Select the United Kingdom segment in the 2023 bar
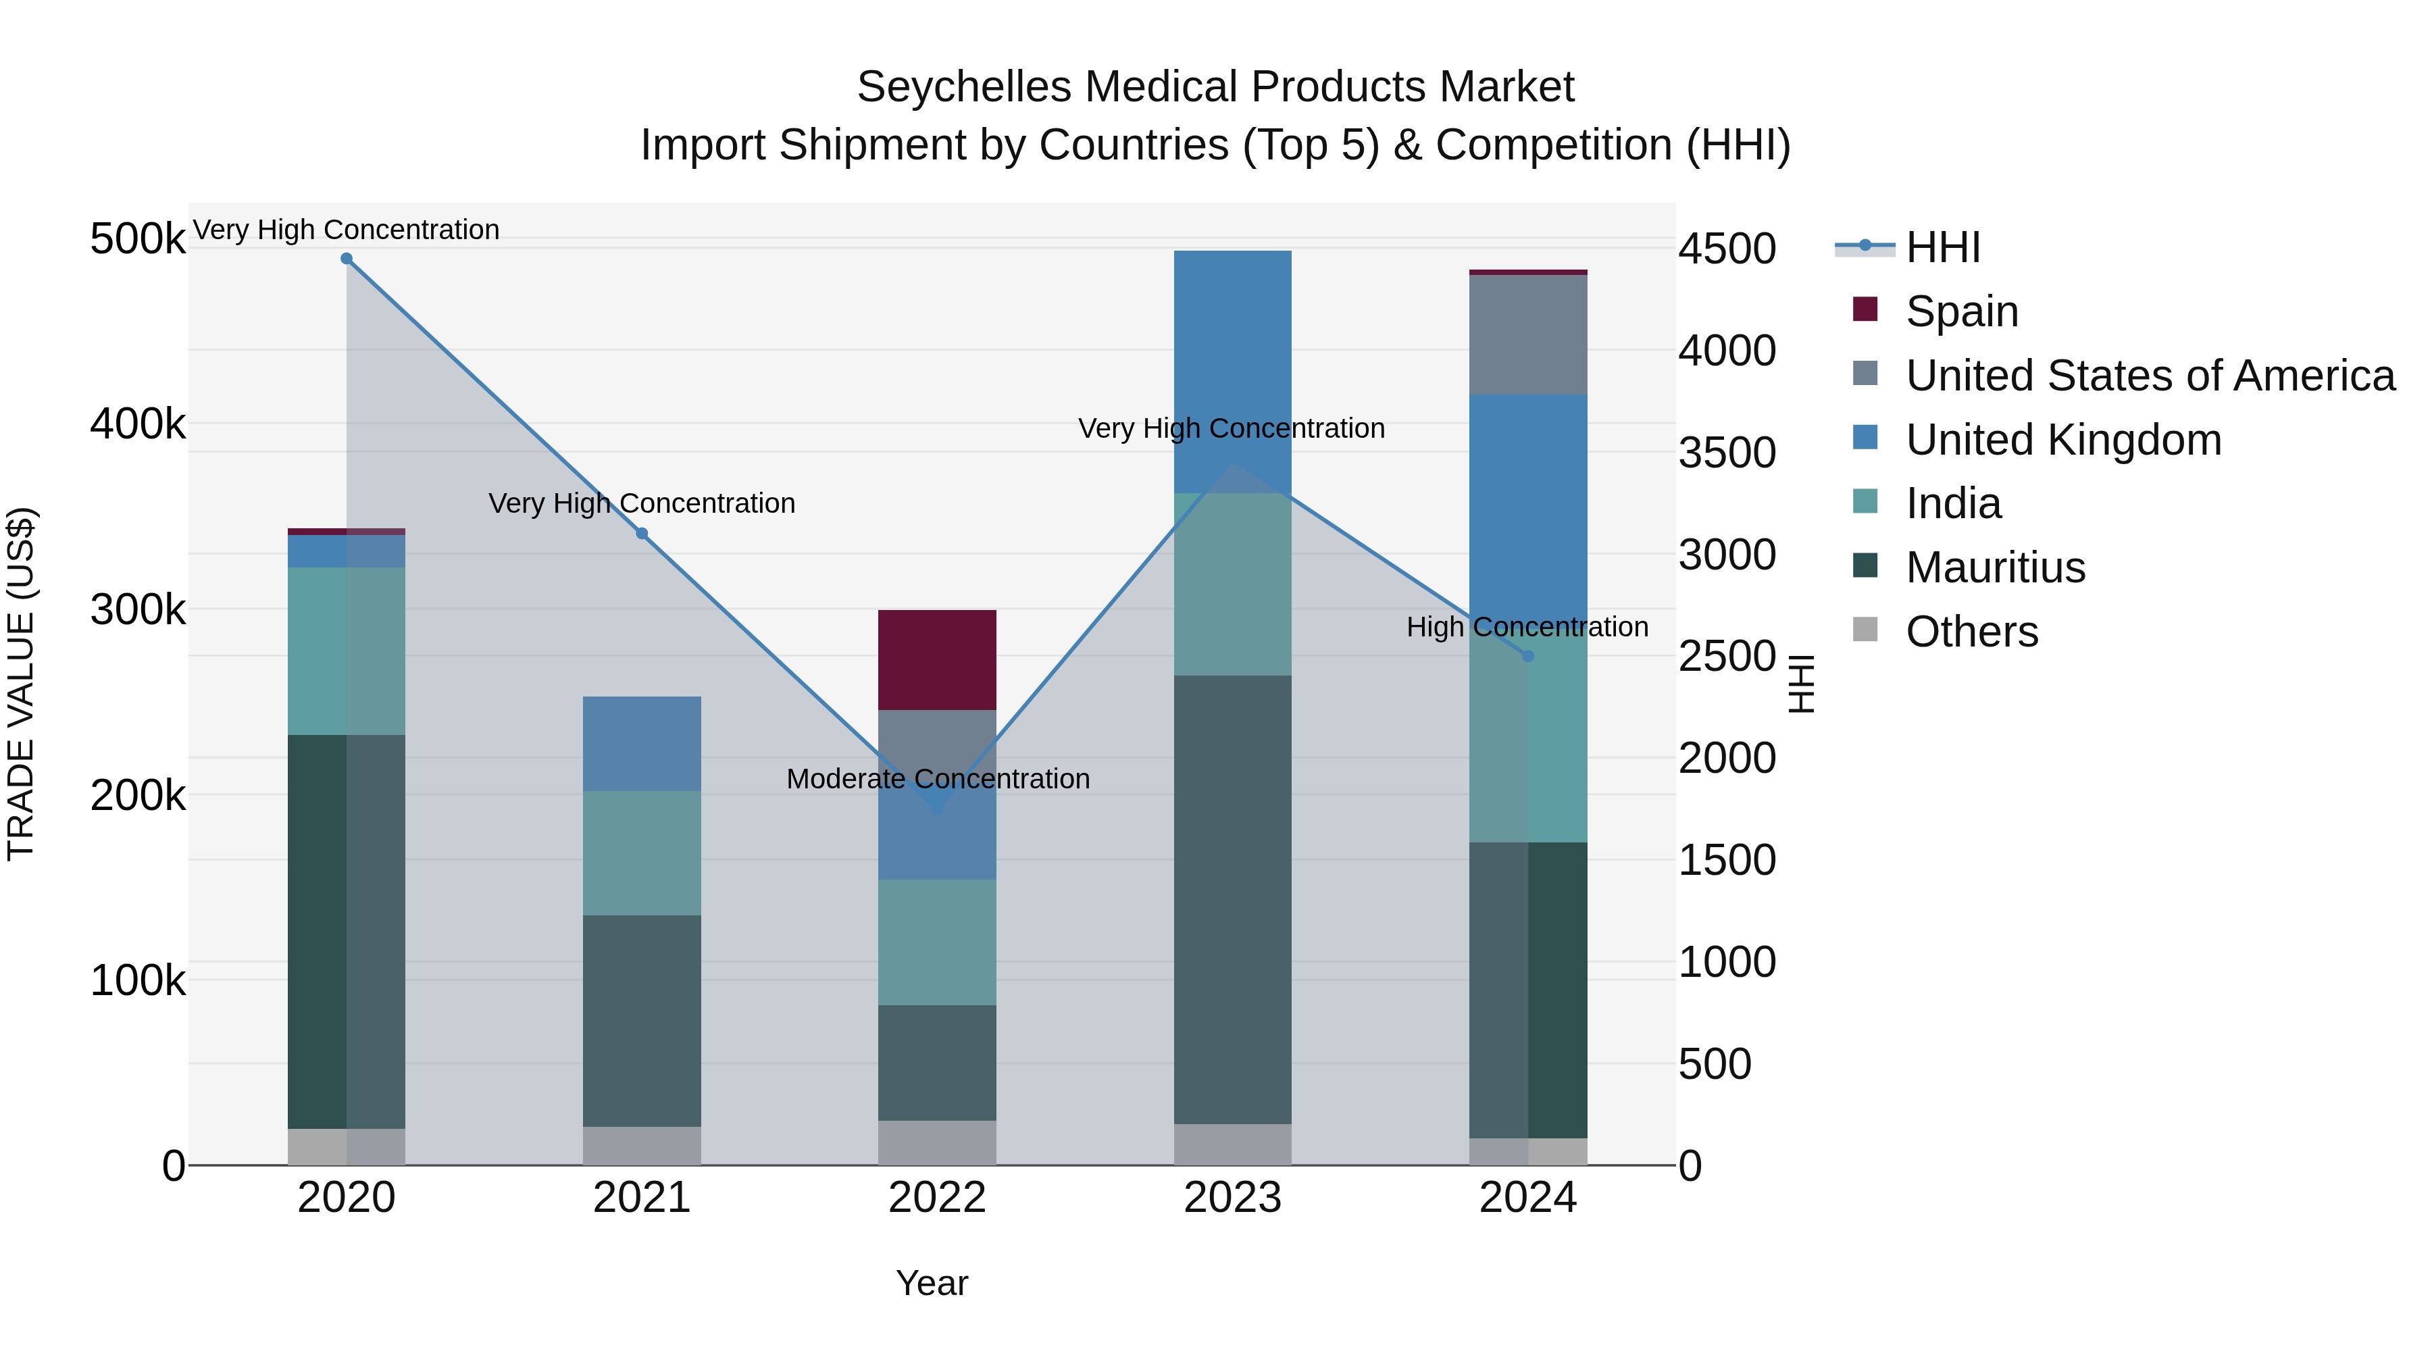pyautogui.click(x=1232, y=370)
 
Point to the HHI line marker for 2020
pyautogui.click(x=347, y=259)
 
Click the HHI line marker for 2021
pyautogui.click(x=642, y=534)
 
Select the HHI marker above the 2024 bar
pyautogui.click(x=1529, y=656)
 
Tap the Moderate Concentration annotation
pyautogui.click(x=938, y=779)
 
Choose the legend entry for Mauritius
pyautogui.click(x=1995, y=567)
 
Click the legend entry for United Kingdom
pyautogui.click(x=2063, y=440)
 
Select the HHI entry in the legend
pyautogui.click(x=1942, y=247)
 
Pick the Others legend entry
pyautogui.click(x=1971, y=632)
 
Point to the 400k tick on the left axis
pyautogui.click(x=138, y=424)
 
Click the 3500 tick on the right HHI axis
pyautogui.click(x=1727, y=452)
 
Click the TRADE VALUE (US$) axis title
pyautogui.click(x=21, y=684)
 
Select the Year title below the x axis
pyautogui.click(x=932, y=1283)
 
